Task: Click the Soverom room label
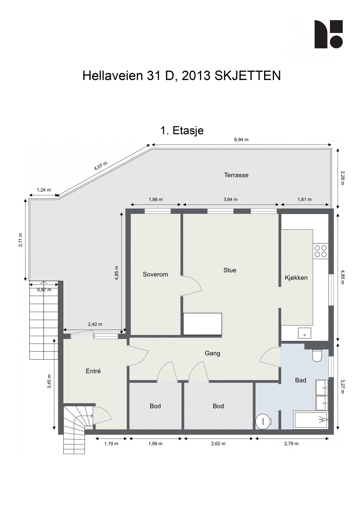coord(155,274)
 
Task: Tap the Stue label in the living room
coord(230,270)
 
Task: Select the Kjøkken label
coord(296,278)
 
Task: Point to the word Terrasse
coord(236,175)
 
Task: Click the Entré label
coord(93,371)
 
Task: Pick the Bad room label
coord(301,380)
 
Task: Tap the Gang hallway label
coord(212,354)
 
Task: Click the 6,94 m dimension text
coord(241,140)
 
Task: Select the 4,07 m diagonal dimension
coord(101,166)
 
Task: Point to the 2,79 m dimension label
coord(291,443)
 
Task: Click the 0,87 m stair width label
coord(44,290)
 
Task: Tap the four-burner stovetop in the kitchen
coord(321,251)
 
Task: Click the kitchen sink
coord(305,333)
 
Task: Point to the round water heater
coord(263,421)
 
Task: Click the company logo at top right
coord(328,34)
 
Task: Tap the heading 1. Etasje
coord(182,130)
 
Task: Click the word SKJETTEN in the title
coord(248,76)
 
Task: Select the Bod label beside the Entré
coord(155,406)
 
